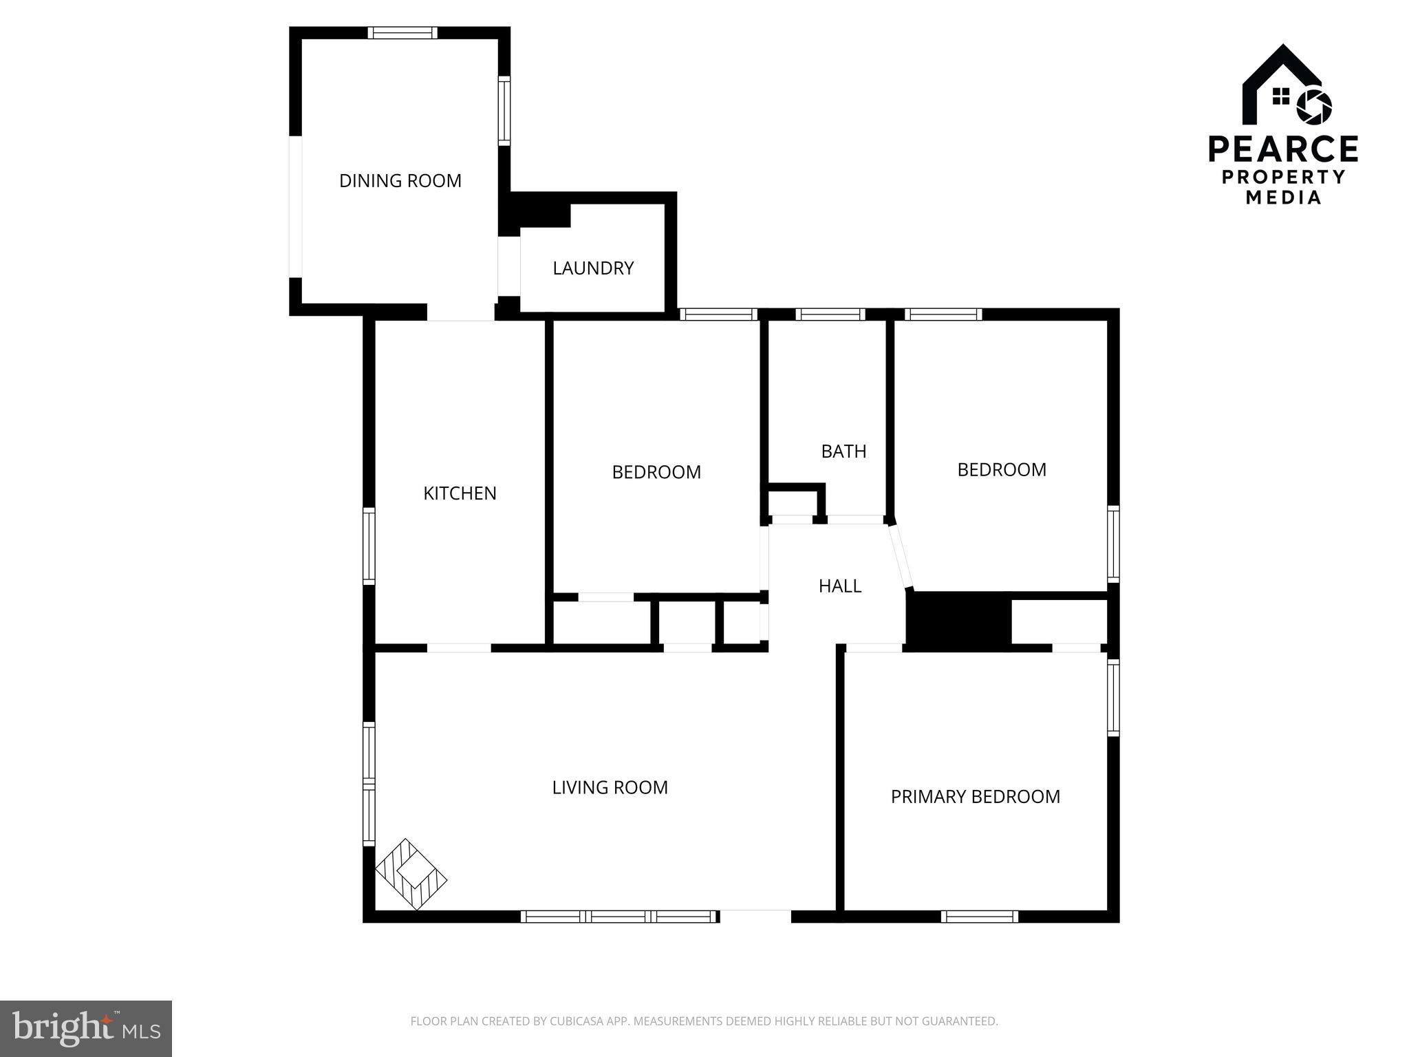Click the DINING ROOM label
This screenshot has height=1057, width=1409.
click(400, 181)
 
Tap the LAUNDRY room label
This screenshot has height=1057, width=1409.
click(593, 268)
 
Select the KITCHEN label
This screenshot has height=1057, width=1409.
click(460, 493)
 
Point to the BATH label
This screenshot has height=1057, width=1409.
click(843, 451)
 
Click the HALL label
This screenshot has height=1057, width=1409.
click(840, 586)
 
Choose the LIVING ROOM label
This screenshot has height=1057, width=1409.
click(610, 787)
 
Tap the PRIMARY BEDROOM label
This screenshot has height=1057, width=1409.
click(975, 797)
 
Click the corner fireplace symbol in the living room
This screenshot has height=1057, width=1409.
click(411, 874)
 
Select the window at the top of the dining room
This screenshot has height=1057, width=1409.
click(402, 32)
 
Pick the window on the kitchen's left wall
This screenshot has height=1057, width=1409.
click(369, 546)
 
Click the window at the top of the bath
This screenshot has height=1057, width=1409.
click(830, 314)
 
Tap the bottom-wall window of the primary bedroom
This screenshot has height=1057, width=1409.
click(979, 917)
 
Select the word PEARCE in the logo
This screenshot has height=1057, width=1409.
click(1283, 149)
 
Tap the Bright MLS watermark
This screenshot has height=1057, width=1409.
click(86, 1029)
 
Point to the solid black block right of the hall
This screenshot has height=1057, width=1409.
click(958, 621)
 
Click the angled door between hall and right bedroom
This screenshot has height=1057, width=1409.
click(901, 557)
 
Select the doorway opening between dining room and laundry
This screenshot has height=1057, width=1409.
click(509, 266)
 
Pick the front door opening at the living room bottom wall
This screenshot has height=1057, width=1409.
click(755, 917)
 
